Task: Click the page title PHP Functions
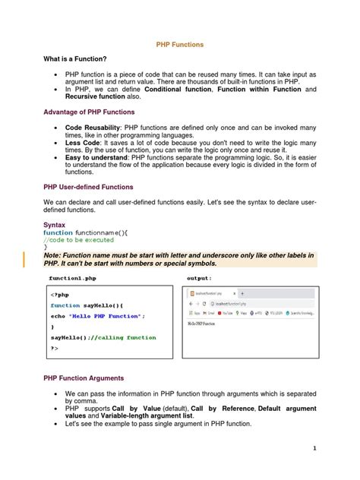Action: click(180, 46)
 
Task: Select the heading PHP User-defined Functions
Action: click(88, 187)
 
